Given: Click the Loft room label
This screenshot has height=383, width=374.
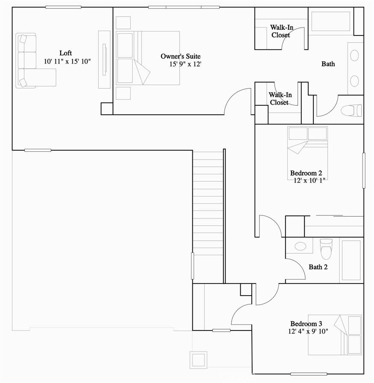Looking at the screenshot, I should [65, 53].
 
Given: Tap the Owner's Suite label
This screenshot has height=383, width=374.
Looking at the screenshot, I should [180, 56].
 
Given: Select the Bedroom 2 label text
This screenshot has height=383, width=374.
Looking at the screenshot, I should [306, 173].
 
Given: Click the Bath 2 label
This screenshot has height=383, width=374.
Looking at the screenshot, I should [318, 267].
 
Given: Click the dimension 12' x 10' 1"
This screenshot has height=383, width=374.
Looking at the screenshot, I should [310, 180].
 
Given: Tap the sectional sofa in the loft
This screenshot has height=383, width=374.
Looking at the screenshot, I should [32, 61].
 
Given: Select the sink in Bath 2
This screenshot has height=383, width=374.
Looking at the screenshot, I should [300, 247].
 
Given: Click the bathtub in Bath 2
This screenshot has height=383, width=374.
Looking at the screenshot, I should [351, 260].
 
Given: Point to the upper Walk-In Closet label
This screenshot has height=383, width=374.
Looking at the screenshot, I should [281, 31].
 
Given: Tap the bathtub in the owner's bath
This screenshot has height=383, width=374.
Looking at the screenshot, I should [331, 21].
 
